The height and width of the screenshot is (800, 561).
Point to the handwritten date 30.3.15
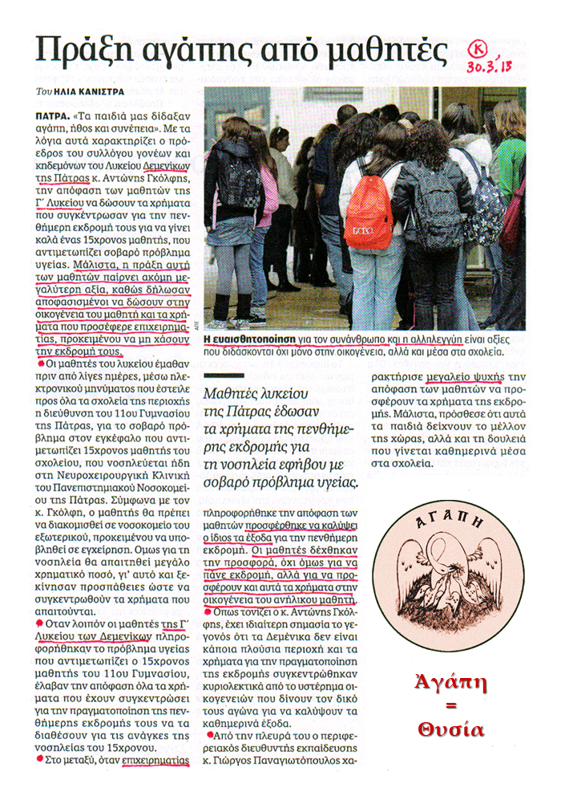490,67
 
